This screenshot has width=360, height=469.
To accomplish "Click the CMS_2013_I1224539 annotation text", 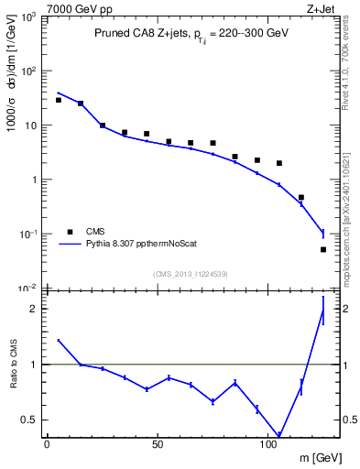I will pos(190,274).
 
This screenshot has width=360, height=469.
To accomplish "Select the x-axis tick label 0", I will pos(47,443).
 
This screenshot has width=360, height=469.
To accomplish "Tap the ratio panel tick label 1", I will pos(30,365).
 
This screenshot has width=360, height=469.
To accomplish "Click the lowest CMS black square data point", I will pos(323,249).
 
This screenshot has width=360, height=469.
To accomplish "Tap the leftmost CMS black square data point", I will pos(58,100).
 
